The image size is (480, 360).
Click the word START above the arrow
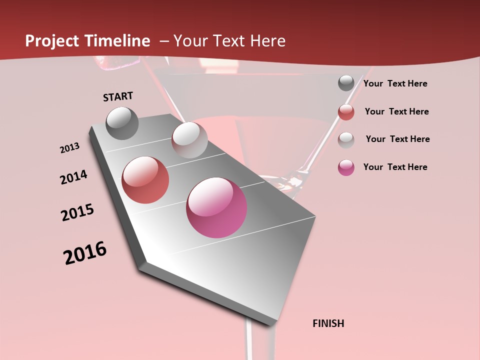tap(118, 96)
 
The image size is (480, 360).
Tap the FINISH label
tap(328, 323)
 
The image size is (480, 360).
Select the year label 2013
tap(69, 148)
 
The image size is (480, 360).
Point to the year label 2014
tap(73, 177)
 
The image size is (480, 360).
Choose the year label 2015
tap(77, 212)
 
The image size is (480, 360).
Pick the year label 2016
tap(85, 253)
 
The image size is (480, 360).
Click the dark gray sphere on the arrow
tap(122, 123)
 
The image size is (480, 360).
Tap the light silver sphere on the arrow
tap(189, 140)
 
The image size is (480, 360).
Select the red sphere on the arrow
tap(145, 180)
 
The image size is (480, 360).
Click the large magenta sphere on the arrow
tap(216, 207)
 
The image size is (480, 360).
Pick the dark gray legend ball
tap(346, 83)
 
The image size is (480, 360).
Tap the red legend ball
tap(346, 112)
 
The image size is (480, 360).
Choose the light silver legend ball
tap(346, 140)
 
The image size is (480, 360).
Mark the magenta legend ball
tap(346, 167)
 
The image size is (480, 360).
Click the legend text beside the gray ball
tap(395, 83)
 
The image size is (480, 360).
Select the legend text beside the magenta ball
tap(395, 167)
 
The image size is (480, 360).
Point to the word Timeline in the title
tap(118, 41)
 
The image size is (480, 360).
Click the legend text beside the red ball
tap(396, 111)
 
